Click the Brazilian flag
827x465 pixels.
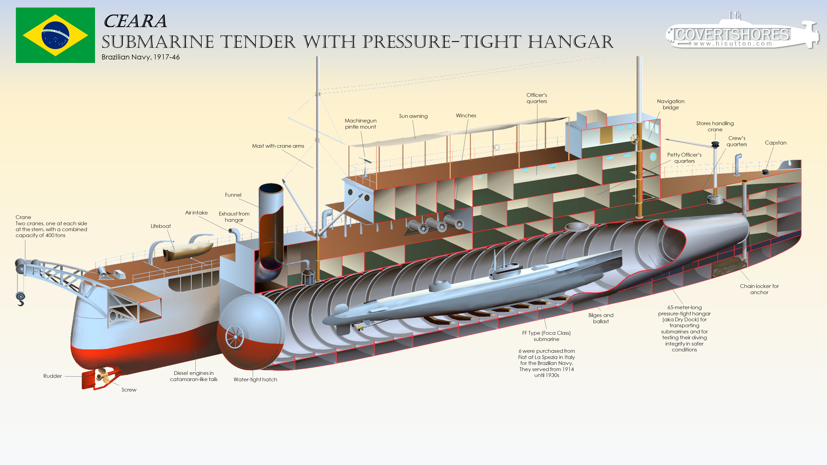(x=55, y=35)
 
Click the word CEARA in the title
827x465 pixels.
(x=135, y=22)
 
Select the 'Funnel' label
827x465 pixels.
(x=233, y=195)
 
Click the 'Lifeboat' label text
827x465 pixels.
(x=160, y=226)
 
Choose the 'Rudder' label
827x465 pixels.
(x=52, y=376)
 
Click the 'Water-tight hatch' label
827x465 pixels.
(x=255, y=379)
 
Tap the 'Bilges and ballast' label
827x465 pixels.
(x=601, y=318)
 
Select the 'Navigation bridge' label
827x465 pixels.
(x=670, y=104)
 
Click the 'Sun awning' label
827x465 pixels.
(x=413, y=116)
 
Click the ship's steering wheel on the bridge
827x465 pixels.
(x=634, y=139)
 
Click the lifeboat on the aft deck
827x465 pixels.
(x=188, y=251)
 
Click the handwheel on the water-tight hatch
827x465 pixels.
(x=235, y=336)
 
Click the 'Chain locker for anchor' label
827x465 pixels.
(x=759, y=289)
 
